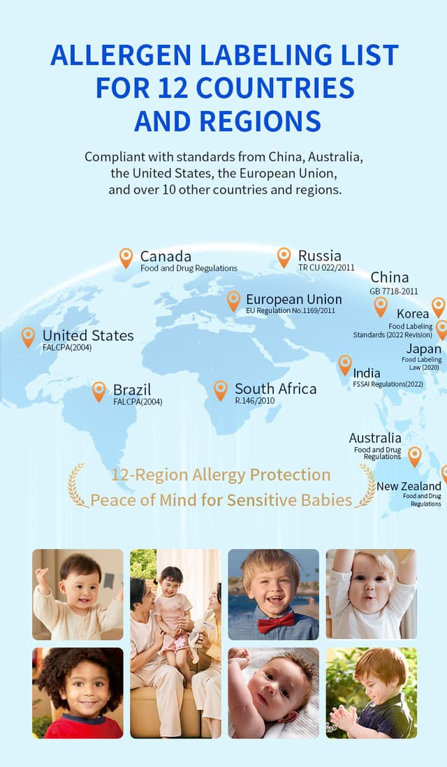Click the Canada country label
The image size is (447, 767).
166,256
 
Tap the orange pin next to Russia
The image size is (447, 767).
284,256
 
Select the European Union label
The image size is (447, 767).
293,299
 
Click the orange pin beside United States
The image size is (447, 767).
28,337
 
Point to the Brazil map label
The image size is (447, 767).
132,389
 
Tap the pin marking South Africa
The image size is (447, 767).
221,389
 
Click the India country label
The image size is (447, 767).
367,373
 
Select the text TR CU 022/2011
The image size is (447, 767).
326,268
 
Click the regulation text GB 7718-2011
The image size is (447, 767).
394,291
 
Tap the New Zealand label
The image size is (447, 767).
409,486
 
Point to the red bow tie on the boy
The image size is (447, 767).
276,622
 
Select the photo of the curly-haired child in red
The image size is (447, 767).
78,692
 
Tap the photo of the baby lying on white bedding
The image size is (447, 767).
273,692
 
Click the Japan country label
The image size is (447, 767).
424,349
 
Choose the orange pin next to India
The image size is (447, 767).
345,364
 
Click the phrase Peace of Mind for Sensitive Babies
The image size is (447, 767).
221,500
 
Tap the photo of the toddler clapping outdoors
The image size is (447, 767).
371,692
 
